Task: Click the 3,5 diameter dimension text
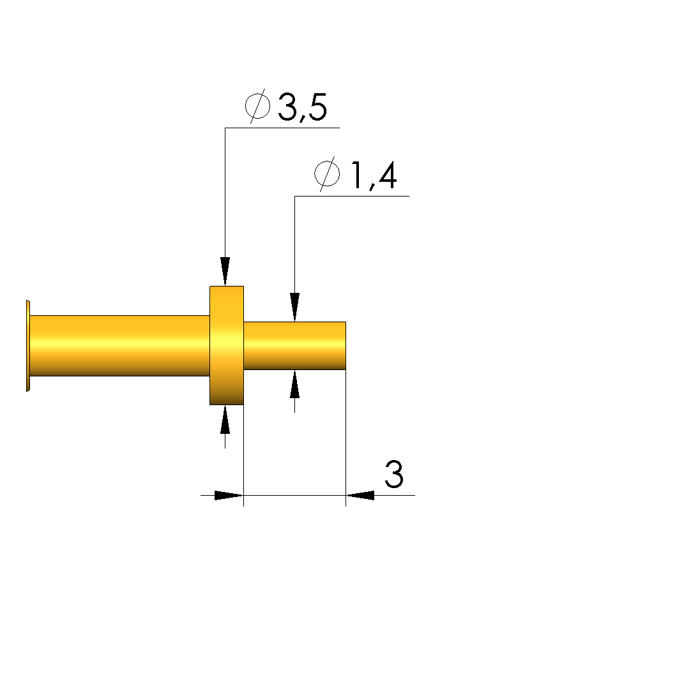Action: [x=303, y=107]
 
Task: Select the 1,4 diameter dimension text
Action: [x=374, y=175]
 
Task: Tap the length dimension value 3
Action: [x=394, y=474]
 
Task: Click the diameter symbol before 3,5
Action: [x=257, y=106]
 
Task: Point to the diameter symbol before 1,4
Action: [x=327, y=174]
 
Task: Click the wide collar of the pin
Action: [x=227, y=346]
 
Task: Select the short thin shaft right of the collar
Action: [x=294, y=346]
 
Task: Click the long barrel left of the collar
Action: [x=119, y=346]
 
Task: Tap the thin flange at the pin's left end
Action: [x=28, y=346]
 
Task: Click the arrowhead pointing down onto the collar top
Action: [x=225, y=271]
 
